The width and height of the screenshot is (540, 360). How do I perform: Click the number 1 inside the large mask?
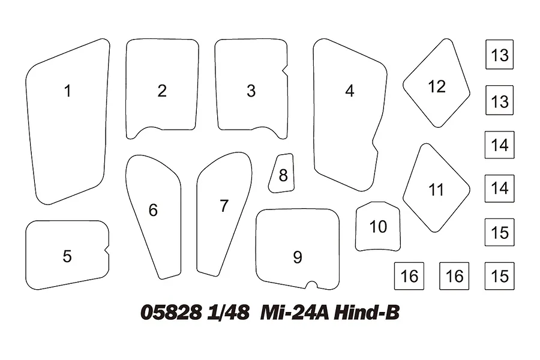pos(67,91)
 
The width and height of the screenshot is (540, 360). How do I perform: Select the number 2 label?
pos(162,91)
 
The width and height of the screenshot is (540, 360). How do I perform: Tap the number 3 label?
pos(251,91)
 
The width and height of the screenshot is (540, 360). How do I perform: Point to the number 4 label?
pos(350,91)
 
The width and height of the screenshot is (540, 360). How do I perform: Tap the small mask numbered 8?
pos(282,173)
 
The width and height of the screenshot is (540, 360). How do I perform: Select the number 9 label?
pos(298,257)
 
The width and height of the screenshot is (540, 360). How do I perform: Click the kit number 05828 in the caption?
pos(171,313)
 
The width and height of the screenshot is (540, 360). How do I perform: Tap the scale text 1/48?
pos(228,313)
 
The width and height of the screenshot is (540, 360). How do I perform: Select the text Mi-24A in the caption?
pos(295,313)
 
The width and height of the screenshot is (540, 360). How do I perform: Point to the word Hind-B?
pos(367,313)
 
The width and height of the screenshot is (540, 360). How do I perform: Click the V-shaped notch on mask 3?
pos(284,71)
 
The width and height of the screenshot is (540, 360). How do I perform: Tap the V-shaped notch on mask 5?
pos(107,251)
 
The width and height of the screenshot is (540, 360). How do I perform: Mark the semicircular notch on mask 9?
pos(311,285)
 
